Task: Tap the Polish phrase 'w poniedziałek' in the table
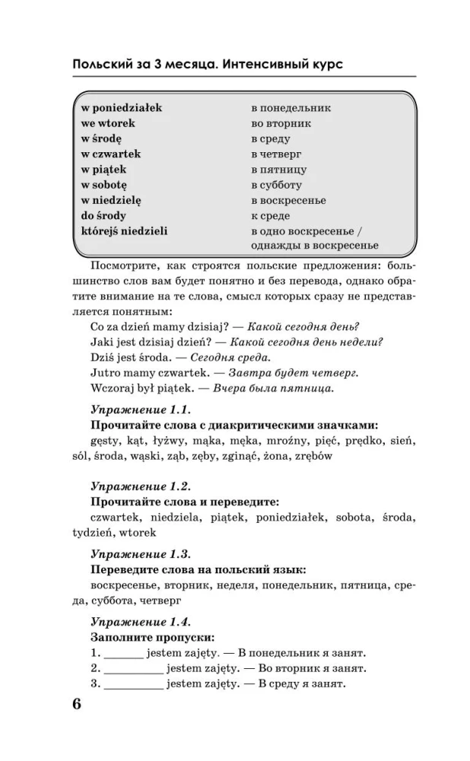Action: [x=121, y=108]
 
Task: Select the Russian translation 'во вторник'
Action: [x=281, y=123]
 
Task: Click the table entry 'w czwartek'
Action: [x=110, y=154]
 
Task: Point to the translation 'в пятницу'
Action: [x=279, y=170]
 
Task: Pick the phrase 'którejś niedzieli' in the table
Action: [x=124, y=231]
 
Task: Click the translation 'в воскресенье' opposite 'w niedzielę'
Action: [x=288, y=200]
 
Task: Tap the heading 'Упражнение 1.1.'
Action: [x=139, y=409]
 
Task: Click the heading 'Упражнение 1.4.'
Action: [x=140, y=621]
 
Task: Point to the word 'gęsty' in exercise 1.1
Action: [x=106, y=441]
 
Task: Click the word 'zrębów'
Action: [x=313, y=456]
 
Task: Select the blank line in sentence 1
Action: [x=122, y=653]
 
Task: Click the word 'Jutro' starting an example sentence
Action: [x=105, y=373]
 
